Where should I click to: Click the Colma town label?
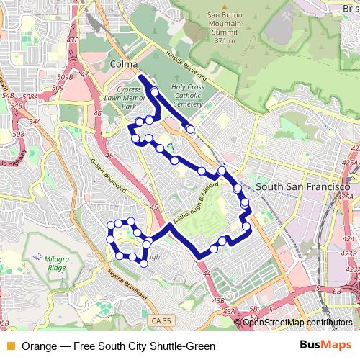[124, 65]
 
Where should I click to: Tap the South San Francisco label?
[297, 186]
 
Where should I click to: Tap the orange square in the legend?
[10, 346]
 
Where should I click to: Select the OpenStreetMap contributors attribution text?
[297, 322]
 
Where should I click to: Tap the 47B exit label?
[72, 40]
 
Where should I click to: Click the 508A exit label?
[30, 96]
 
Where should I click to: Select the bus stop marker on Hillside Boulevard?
[190, 129]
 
